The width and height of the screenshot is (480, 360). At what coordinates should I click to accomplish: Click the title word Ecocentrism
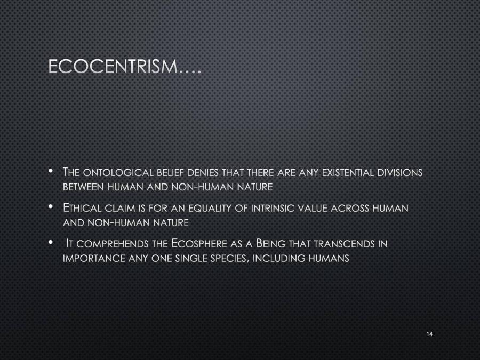click(117, 67)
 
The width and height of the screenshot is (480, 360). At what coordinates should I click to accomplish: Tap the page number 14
click(429, 334)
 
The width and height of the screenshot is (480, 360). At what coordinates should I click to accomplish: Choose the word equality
click(204, 209)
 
